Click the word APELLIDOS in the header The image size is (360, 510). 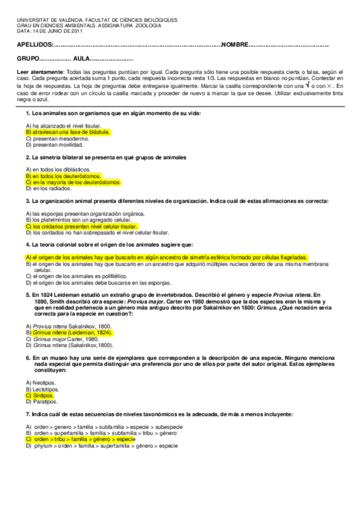point(34,45)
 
